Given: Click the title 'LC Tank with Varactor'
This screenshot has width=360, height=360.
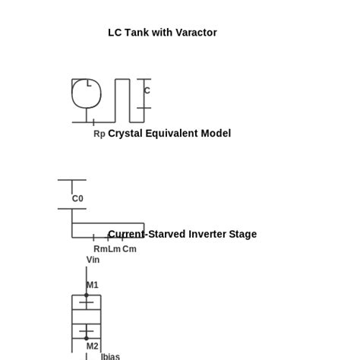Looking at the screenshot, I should [162, 33].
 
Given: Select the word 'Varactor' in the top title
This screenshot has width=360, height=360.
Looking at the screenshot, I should [197, 33].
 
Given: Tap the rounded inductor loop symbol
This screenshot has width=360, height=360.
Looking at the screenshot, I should [87, 93].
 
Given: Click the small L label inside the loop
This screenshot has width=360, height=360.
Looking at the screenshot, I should [89, 83].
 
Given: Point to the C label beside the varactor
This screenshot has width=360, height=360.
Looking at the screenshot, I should [147, 90].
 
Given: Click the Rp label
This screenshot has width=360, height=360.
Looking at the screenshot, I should [99, 134].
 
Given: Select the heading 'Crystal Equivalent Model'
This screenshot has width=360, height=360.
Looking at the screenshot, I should [169, 134].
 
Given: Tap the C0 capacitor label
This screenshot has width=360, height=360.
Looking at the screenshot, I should [77, 199].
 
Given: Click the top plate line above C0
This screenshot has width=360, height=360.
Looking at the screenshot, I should [72, 180].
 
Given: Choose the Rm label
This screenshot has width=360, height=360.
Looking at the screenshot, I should [100, 249].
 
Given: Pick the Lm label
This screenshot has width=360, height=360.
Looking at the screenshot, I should [114, 249].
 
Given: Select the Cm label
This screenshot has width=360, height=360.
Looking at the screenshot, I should [129, 249].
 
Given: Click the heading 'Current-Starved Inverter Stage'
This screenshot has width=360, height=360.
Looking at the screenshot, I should [182, 235].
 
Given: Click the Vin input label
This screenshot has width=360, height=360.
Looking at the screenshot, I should [93, 260].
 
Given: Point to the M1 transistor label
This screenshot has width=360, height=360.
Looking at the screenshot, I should [92, 286].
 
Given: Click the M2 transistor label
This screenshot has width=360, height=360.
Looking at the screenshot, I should [92, 346].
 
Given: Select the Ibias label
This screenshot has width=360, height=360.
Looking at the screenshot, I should [110, 356].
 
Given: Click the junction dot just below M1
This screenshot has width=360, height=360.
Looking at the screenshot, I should [87, 295].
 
